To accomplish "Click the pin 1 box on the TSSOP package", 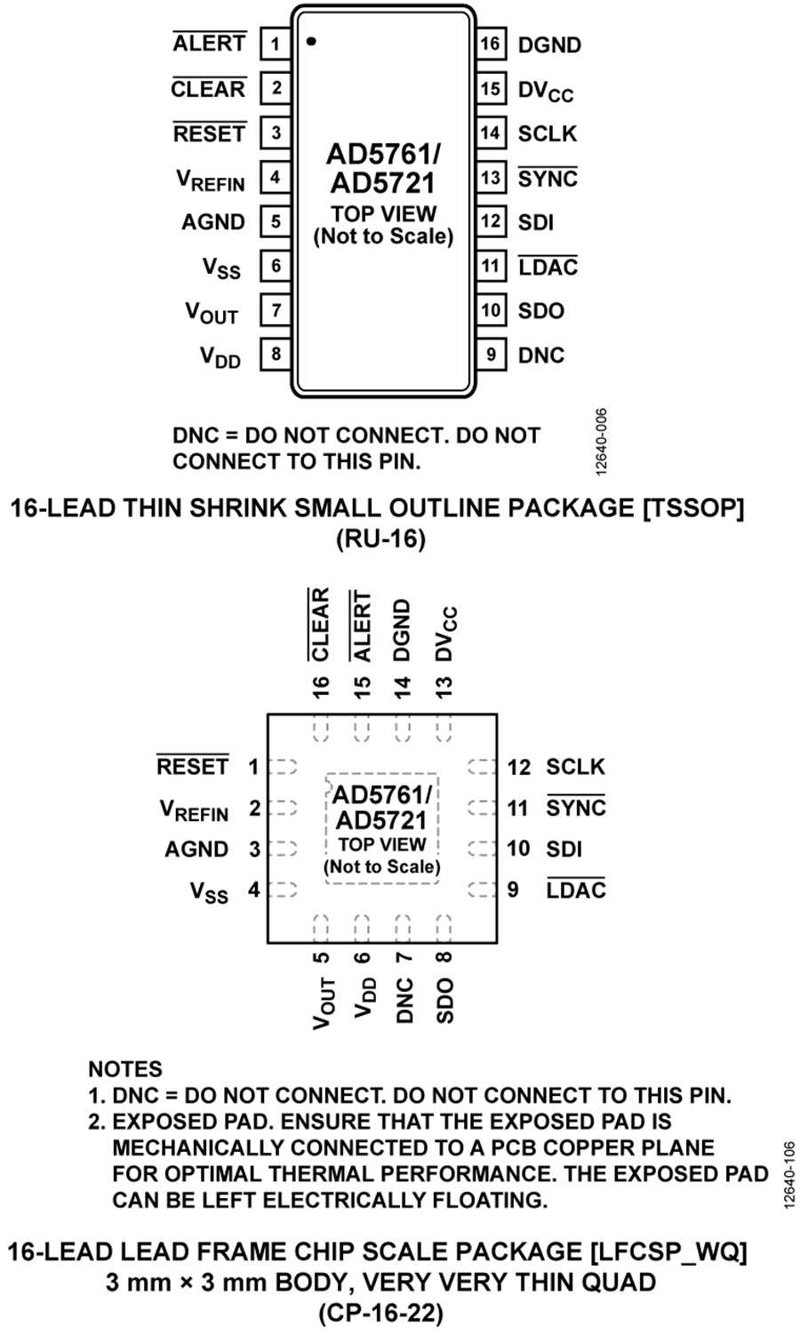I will click(276, 44).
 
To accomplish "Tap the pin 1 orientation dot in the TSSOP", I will click(310, 41).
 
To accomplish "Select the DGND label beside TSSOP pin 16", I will click(549, 44).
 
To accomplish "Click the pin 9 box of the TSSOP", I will click(491, 355).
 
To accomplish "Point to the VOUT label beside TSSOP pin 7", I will click(212, 313).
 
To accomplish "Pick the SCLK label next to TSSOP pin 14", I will click(548, 133).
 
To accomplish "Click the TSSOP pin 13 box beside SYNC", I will click(491, 178).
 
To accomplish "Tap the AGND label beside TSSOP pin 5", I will click(213, 222).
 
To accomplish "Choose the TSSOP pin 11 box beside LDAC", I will click(491, 267).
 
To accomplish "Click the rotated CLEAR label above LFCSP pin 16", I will click(319, 624).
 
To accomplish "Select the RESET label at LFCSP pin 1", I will click(193, 766).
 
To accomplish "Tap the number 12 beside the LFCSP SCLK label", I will click(518, 767).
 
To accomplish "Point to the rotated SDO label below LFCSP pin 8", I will click(445, 1000).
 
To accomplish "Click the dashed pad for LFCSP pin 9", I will click(482, 889).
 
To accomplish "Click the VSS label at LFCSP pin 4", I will click(209, 891).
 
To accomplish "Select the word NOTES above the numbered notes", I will click(125, 1069).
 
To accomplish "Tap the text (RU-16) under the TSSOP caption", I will click(381, 539).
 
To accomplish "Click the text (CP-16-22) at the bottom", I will click(380, 1313).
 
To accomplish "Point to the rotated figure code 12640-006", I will click(602, 441).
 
